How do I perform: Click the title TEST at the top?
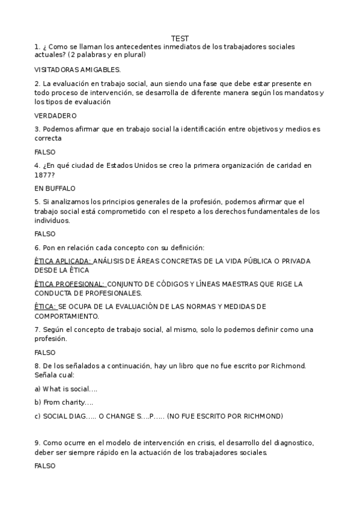pyautogui.click(x=180, y=38)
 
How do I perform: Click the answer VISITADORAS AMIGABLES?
pyautogui.click(x=78, y=70)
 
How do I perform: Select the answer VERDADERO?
pyautogui.click(x=55, y=115)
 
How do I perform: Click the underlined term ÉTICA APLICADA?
pyautogui.click(x=63, y=261)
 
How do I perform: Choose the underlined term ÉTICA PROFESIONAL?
pyautogui.click(x=70, y=284)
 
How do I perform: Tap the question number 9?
pyautogui.click(x=37, y=443)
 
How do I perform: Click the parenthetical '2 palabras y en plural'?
pyautogui.click(x=105, y=55)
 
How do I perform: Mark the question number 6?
pyautogui.click(x=37, y=248)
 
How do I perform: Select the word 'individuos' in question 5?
pyautogui.click(x=52, y=220)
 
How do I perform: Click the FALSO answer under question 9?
pyautogui.click(x=44, y=466)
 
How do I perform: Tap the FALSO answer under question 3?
pyautogui.click(x=44, y=152)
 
